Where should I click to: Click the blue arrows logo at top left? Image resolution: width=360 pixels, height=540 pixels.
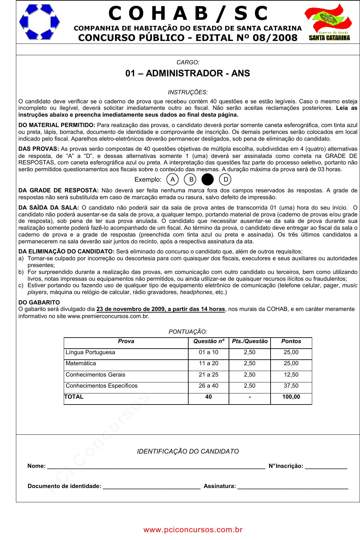(x=39, y=22)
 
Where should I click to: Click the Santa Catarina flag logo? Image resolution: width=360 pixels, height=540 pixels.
(x=328, y=22)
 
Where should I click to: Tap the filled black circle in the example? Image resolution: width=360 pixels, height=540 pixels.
(x=207, y=179)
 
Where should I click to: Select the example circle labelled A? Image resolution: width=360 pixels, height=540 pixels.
(x=172, y=179)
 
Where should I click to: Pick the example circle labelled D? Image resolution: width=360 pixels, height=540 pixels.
(x=225, y=179)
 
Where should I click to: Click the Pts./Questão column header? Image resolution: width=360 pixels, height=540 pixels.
(x=249, y=341)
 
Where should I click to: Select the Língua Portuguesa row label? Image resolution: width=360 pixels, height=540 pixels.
(x=90, y=352)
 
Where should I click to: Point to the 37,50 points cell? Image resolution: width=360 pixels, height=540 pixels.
(x=291, y=386)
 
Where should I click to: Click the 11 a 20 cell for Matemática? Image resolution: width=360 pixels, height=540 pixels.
(x=208, y=363)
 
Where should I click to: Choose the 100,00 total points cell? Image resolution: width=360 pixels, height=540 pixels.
(x=291, y=397)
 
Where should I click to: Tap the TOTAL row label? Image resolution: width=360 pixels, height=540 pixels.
(x=74, y=397)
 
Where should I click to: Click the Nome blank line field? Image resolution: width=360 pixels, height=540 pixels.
(x=156, y=466)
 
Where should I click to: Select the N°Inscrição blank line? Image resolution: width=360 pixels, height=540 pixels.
(x=326, y=466)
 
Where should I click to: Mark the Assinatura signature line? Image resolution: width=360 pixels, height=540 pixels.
(x=293, y=486)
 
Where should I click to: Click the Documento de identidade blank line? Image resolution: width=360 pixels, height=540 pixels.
(x=152, y=486)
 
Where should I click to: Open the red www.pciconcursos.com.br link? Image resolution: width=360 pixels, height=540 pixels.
(x=193, y=530)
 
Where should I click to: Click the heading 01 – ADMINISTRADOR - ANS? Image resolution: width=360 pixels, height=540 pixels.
(x=188, y=73)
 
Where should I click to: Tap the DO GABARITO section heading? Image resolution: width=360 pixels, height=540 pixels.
(x=39, y=302)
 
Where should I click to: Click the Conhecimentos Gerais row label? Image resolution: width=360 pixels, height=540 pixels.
(x=95, y=375)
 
